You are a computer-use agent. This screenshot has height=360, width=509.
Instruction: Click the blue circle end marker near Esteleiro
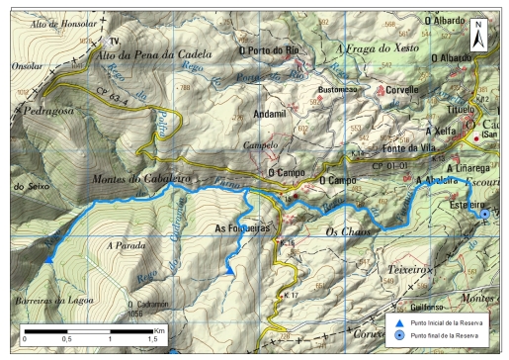[484, 214]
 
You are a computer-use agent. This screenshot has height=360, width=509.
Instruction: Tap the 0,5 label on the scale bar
[67, 339]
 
